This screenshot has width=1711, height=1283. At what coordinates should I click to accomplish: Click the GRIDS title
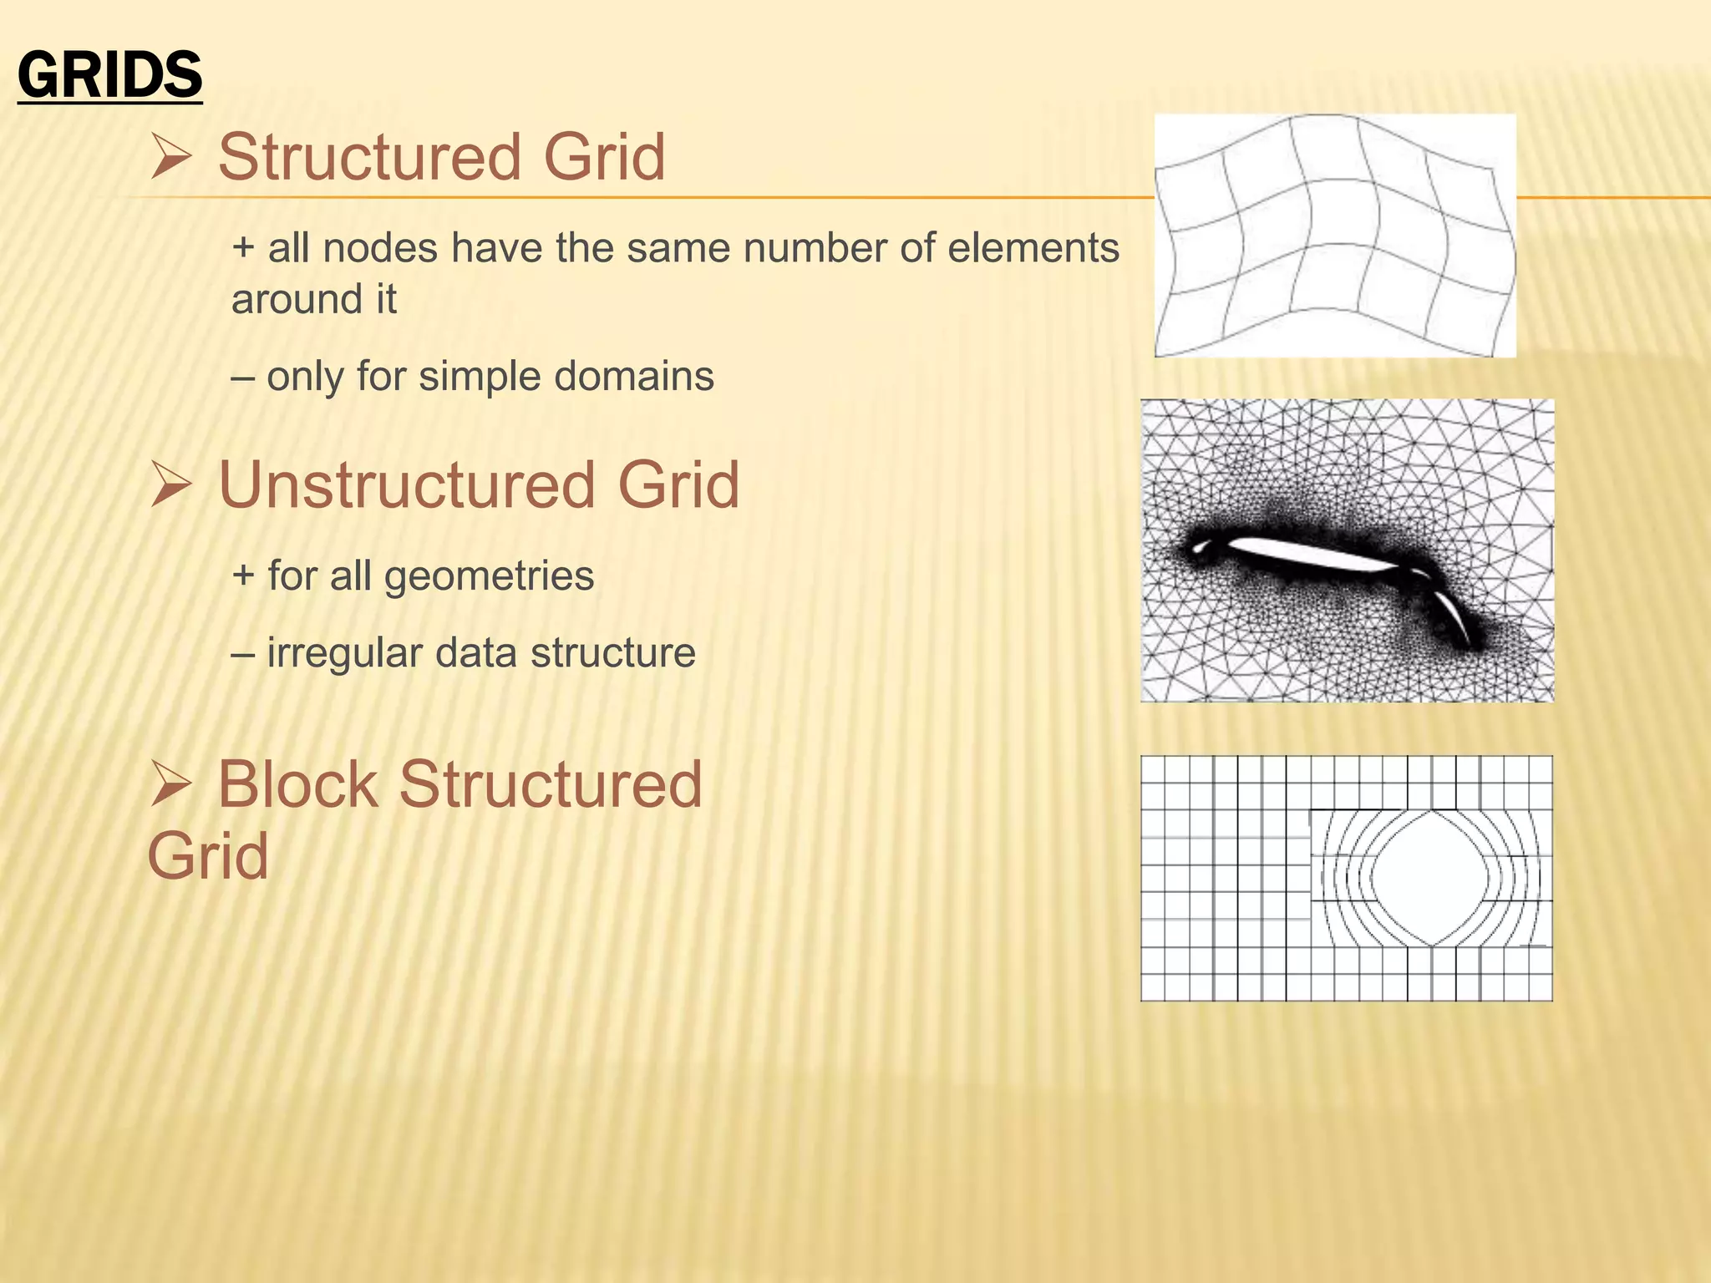pos(109,75)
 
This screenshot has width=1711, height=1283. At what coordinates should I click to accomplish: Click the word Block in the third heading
pos(297,785)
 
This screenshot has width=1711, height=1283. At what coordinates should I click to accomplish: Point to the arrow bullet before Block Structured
pos(172,786)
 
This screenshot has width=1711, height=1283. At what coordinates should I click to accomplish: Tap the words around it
pos(313,300)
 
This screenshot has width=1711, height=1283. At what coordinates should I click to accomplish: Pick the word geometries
pos(489,577)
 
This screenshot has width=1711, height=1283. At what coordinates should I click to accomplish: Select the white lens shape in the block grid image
pos(1431,877)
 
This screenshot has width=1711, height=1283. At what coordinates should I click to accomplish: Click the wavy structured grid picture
pos(1335,236)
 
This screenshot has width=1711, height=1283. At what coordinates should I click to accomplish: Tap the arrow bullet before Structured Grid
pos(172,158)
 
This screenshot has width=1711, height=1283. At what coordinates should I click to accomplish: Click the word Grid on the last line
pos(208,856)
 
